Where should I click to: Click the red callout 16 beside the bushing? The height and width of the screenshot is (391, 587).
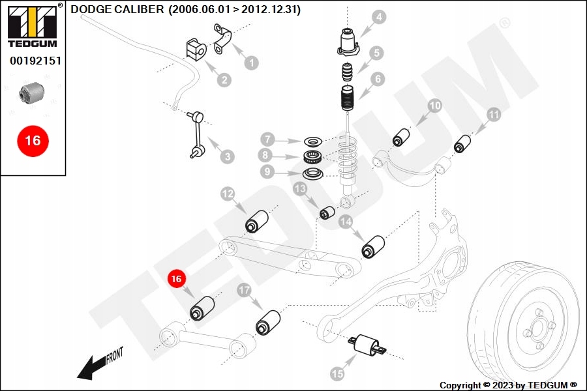tap(176, 279)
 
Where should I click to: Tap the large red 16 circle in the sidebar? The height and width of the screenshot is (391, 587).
tap(33, 141)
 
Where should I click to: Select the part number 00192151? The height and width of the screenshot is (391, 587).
tap(36, 61)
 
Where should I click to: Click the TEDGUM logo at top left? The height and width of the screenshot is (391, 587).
tap(33, 26)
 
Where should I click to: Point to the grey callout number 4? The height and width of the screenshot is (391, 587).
tap(379, 17)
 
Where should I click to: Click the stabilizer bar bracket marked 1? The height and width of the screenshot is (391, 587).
tap(222, 39)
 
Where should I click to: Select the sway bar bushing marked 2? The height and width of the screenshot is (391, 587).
tap(196, 49)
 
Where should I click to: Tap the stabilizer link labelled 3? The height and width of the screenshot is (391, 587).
tap(197, 134)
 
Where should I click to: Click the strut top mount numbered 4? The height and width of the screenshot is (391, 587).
tap(348, 42)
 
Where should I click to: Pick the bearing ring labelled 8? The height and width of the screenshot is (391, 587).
tap(313, 157)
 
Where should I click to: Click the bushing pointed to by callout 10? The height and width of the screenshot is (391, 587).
tap(401, 138)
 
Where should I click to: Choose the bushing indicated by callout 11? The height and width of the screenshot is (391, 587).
tap(462, 143)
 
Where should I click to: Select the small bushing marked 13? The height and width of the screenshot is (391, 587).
tap(327, 212)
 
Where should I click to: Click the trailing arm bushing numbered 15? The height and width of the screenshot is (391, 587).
tap(367, 344)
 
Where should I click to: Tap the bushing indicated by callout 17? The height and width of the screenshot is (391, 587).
tap(268, 323)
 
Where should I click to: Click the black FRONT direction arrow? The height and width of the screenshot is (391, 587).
tap(100, 365)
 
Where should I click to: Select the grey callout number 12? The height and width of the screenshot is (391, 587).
tap(228, 194)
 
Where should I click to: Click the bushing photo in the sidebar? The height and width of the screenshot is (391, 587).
tap(32, 93)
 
